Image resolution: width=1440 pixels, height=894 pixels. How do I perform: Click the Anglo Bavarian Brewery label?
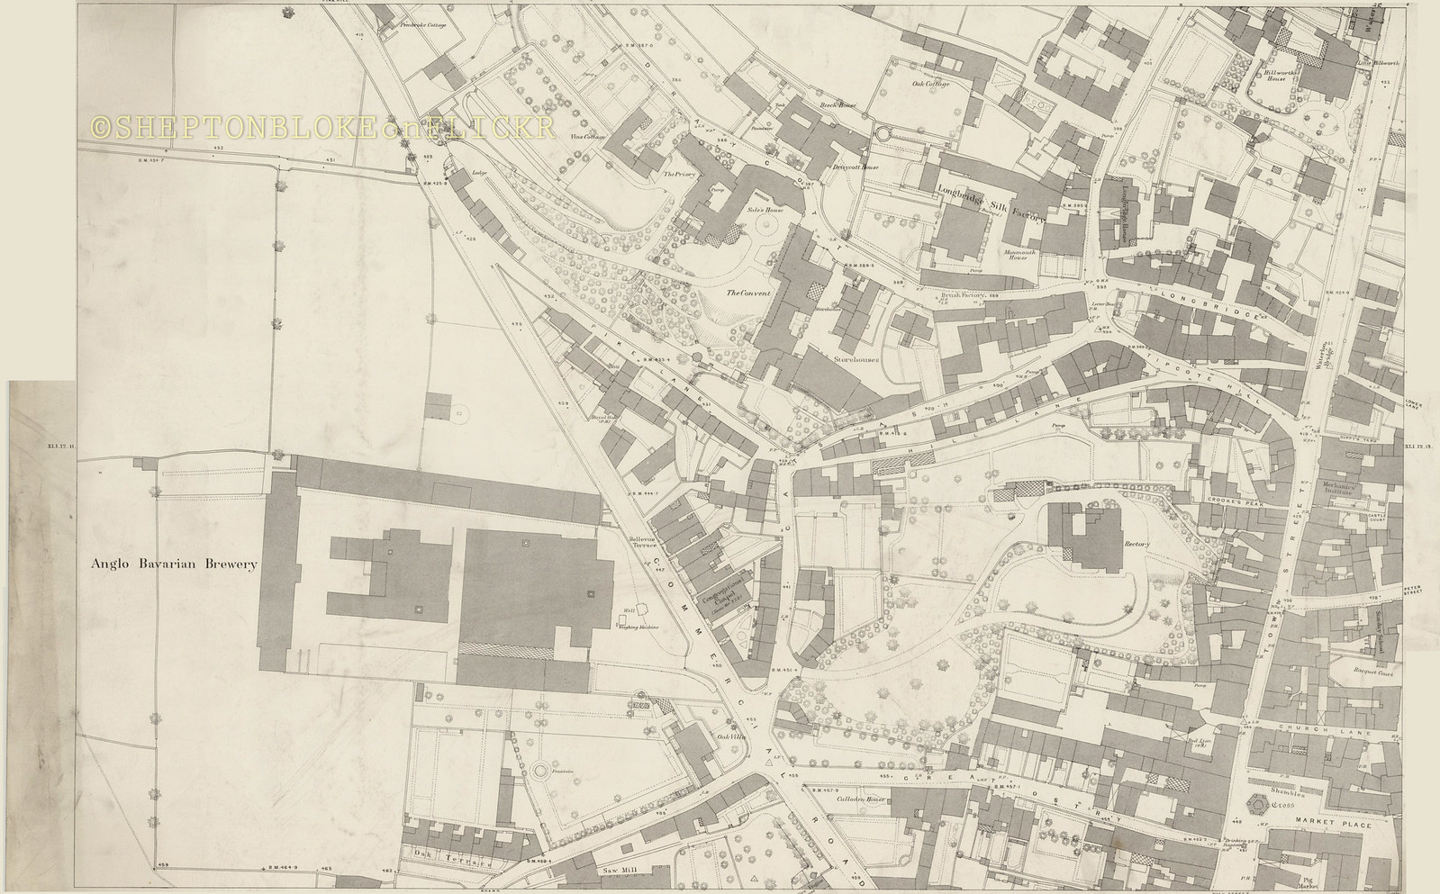pos(174,564)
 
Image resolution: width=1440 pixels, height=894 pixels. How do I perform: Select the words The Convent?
pos(751,293)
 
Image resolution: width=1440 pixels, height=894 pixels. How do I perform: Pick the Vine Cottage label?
pos(586,137)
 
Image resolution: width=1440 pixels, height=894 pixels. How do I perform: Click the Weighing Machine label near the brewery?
pos(641,628)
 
